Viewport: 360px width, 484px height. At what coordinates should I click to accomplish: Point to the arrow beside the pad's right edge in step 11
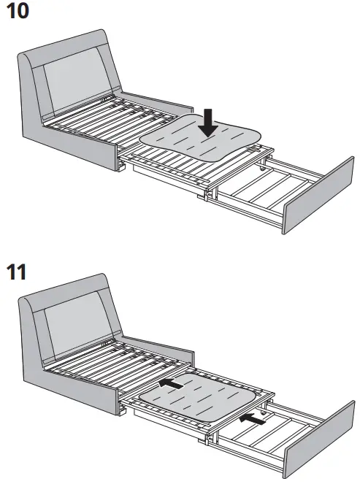coord(253,419)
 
